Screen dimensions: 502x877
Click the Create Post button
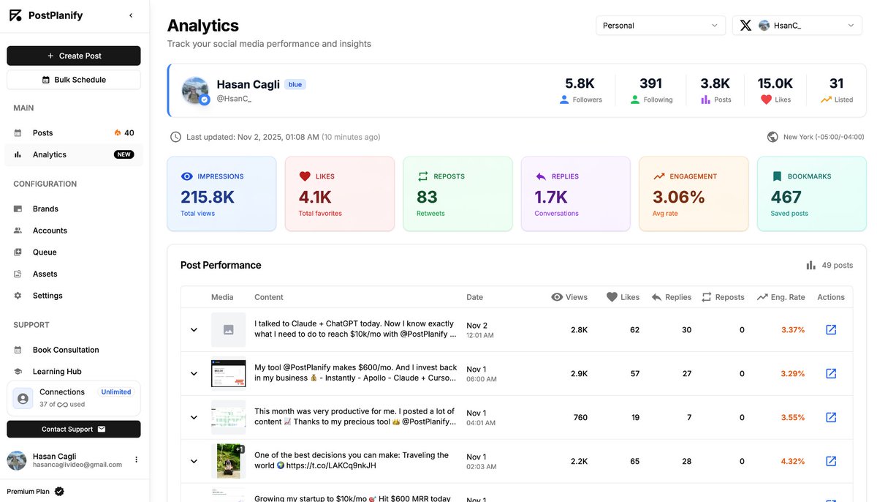74,56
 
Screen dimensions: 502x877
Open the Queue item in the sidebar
45,252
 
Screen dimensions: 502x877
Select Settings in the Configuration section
48,296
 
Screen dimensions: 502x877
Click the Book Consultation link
66,350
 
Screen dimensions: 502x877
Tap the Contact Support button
74,429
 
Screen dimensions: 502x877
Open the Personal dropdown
660,26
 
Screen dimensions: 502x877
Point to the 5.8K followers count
580,83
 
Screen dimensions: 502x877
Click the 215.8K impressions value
208,197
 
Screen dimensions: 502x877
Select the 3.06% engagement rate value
678,197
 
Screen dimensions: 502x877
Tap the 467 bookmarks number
786,197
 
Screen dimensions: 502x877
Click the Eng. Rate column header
787,297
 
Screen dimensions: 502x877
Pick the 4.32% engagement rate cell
792,462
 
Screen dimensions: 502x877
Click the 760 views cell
580,418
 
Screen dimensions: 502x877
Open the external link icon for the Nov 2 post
831,330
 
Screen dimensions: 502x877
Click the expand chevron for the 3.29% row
194,374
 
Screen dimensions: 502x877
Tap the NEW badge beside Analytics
124,154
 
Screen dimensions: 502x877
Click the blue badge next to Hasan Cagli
295,84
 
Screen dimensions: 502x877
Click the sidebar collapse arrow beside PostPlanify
131,15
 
